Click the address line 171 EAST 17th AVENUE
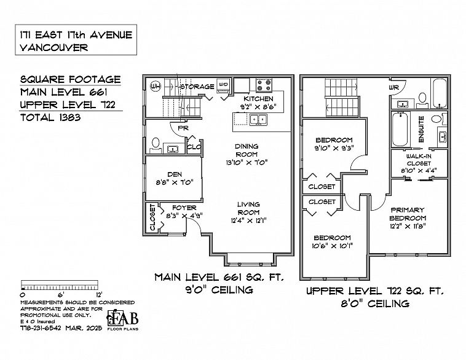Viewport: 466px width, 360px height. coord(76,34)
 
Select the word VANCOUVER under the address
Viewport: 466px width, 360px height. coord(54,47)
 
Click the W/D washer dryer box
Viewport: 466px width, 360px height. coord(224,85)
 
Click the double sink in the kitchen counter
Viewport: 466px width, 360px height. coord(258,120)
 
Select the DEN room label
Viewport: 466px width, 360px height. coord(174,173)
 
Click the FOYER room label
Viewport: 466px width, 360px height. coord(184,208)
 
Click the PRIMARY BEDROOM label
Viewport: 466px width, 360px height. coord(407,214)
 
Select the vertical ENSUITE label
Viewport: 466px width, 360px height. coord(421,131)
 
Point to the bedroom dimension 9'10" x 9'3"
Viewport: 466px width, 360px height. coord(334,148)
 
